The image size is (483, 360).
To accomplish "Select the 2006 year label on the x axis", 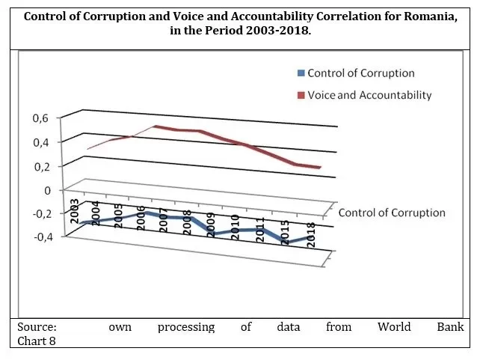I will click(x=141, y=216).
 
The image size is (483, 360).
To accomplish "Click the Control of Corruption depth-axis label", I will click(x=392, y=213).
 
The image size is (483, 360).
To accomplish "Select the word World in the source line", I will click(x=394, y=327).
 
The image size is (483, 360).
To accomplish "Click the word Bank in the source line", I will click(x=450, y=327).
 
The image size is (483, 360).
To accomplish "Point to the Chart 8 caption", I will click(x=35, y=341).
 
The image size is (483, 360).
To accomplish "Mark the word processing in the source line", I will click(x=186, y=327).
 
